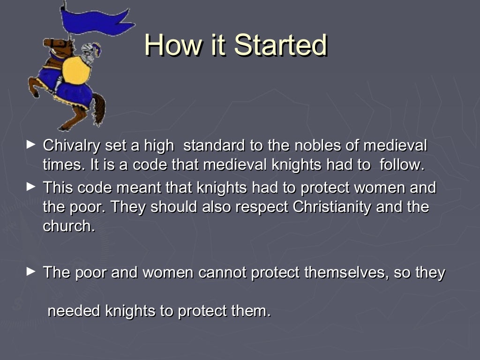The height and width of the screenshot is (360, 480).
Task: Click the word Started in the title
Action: click(x=280, y=45)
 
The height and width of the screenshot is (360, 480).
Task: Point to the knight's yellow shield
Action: click(x=76, y=71)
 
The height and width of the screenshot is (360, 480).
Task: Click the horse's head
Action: click(x=54, y=45)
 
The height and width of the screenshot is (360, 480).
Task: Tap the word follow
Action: click(x=401, y=165)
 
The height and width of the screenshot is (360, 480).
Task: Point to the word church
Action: click(x=68, y=226)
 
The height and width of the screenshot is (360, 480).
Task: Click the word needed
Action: click(x=74, y=311)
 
